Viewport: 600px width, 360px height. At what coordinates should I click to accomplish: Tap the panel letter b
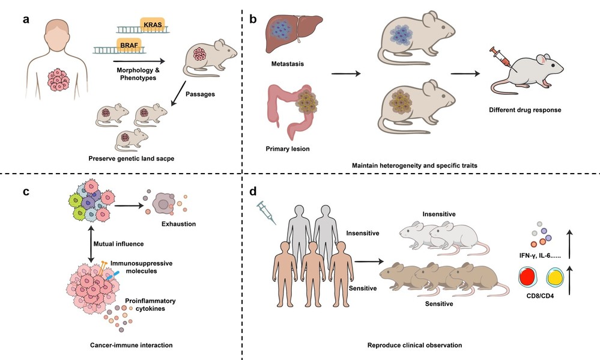point(253,19)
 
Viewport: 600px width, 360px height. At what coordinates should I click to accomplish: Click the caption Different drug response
point(520,110)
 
